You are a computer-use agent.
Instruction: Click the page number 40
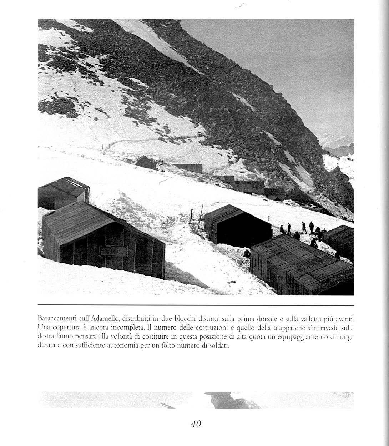(196, 424)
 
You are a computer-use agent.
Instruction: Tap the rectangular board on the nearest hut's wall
(113, 251)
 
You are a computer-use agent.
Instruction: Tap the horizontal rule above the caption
(196, 305)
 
